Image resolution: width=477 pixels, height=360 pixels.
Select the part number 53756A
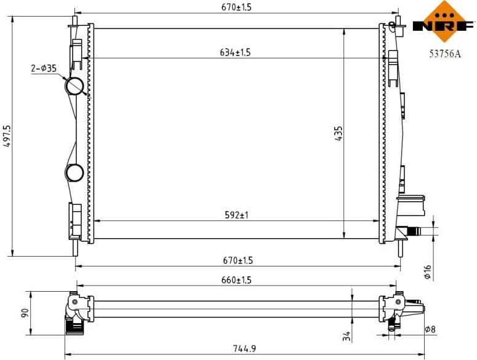(445, 54)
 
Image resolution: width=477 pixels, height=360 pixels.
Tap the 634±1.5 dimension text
(235, 52)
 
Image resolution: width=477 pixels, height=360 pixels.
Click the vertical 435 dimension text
(339, 134)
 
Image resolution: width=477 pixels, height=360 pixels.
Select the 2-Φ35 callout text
(44, 69)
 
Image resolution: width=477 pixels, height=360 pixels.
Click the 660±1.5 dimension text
(237, 280)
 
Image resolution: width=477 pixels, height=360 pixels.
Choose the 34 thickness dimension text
(346, 335)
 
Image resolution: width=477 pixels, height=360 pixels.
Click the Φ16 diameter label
(427, 271)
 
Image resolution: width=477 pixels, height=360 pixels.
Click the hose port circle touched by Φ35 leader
(76, 86)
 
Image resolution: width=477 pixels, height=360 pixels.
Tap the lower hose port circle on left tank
(75, 173)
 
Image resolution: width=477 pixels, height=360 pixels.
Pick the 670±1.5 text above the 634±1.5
(237, 7)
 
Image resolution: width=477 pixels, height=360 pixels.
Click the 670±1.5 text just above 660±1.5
(237, 260)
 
